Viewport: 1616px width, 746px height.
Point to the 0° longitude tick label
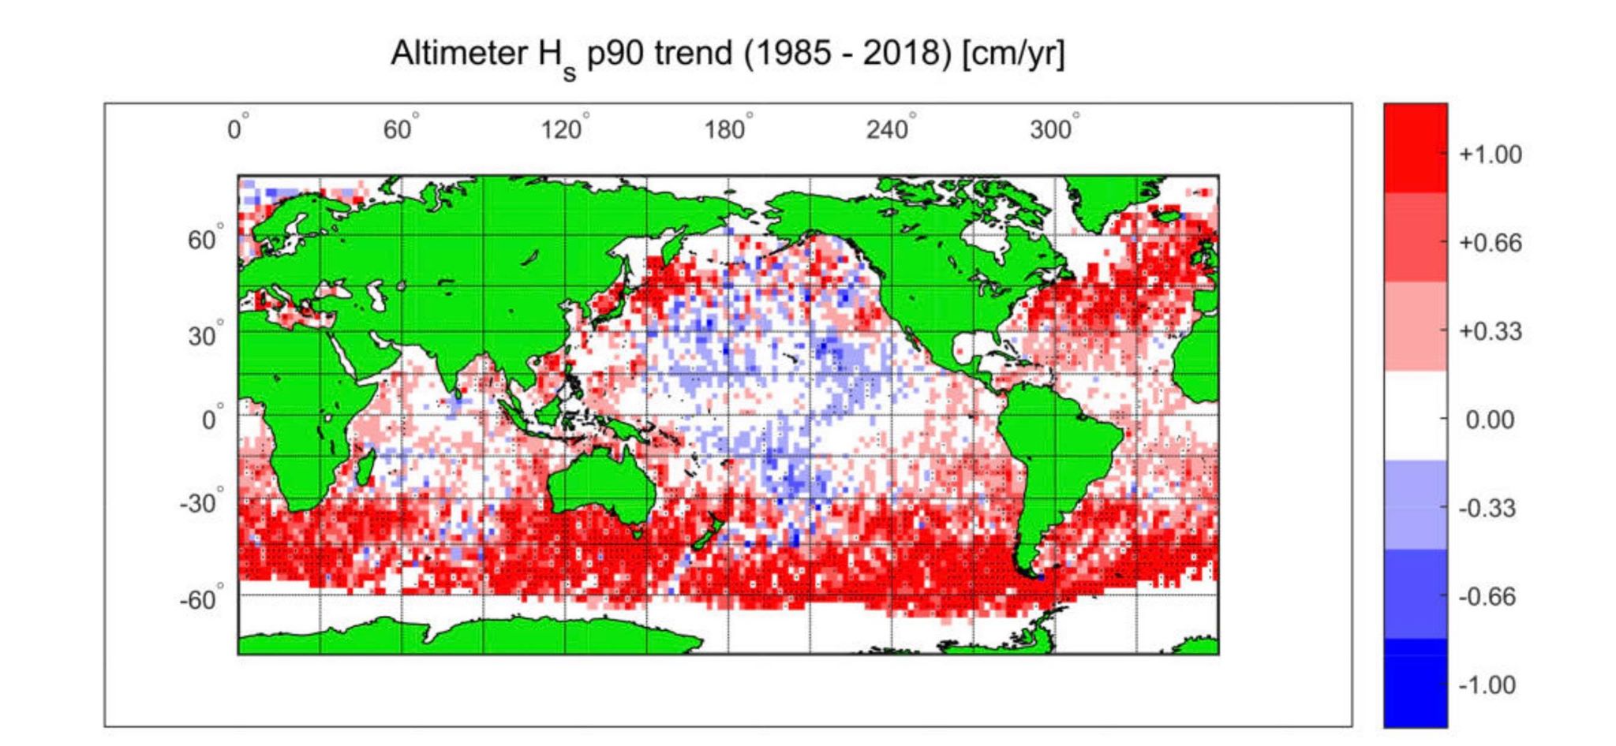coord(236,129)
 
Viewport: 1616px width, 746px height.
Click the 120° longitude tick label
coord(563,129)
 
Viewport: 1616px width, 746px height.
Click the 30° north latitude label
coord(204,336)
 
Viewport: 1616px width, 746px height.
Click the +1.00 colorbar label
coord(1490,155)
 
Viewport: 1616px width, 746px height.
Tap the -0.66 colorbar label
coord(1487,597)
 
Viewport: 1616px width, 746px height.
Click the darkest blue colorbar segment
coord(1415,683)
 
